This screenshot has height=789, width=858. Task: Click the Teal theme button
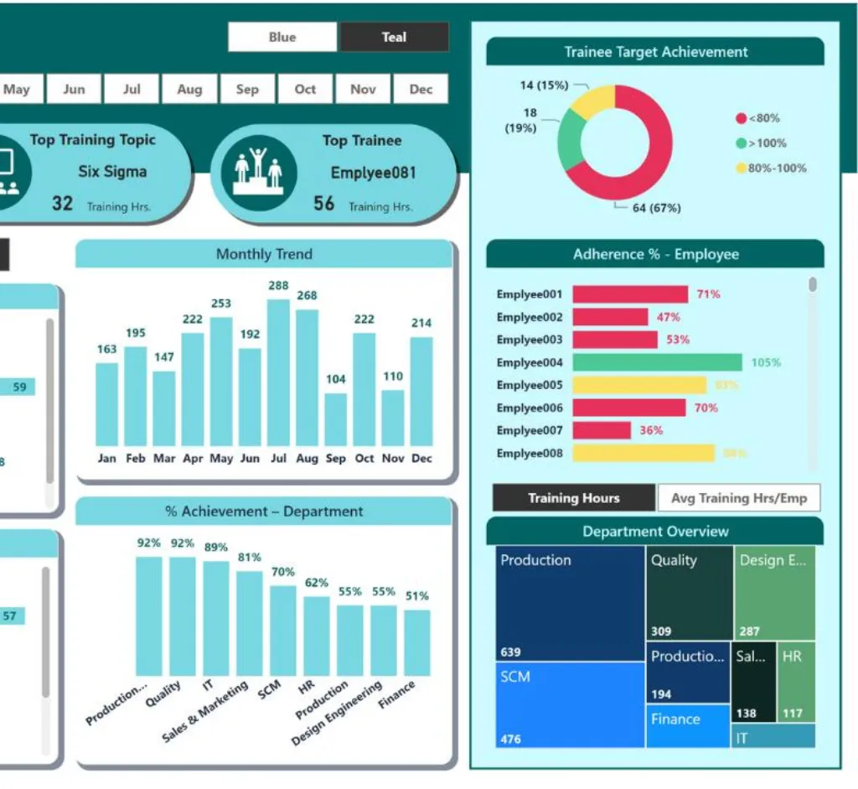(394, 37)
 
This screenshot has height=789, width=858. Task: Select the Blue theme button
(282, 37)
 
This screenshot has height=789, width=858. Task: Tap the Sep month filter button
(247, 89)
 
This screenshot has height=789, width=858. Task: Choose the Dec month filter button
(421, 89)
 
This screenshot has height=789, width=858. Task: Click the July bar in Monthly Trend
(278, 372)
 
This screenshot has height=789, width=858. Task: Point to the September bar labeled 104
(335, 418)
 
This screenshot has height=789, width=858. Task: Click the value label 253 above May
(221, 304)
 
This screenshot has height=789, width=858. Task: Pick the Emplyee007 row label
(529, 430)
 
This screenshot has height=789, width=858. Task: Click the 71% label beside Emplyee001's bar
(708, 294)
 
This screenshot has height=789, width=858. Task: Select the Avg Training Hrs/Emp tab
(739, 498)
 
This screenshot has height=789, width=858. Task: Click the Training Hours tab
(574, 498)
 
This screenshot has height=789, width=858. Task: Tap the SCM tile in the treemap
(570, 704)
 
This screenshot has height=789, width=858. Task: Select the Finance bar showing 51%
(416, 642)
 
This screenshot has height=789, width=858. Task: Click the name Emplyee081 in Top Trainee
(373, 173)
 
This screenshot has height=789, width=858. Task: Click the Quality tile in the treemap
(690, 591)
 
